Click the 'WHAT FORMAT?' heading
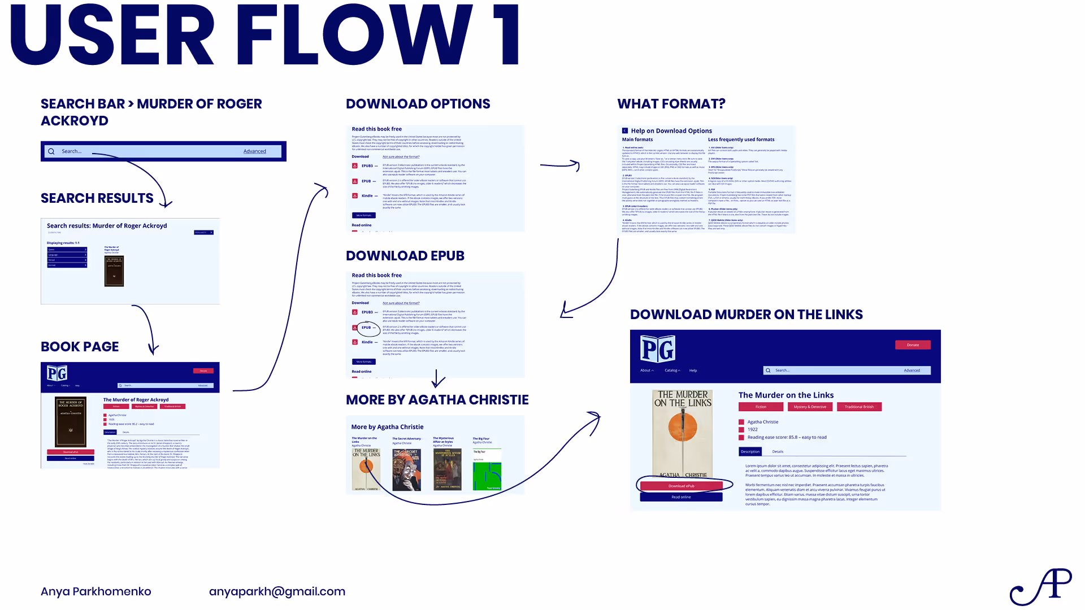pos(671,104)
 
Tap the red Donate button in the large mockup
pos(913,345)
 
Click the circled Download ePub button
pos(681,486)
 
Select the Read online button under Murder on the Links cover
pos(681,497)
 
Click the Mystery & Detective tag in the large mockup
pos(810,407)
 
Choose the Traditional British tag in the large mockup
pos(859,407)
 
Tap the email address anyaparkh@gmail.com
pos(277,591)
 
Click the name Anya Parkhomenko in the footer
pos(96,591)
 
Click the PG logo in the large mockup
pos(657,349)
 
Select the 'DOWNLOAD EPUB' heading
pos(405,256)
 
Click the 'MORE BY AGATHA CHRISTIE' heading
pos(437,400)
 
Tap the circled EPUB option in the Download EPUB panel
pos(367,328)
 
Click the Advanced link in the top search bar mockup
pos(254,151)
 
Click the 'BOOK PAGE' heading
pos(80,347)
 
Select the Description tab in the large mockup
pos(750,451)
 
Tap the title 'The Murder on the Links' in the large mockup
pos(785,395)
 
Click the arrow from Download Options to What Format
pos(559,165)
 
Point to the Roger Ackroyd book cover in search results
pos(114,271)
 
